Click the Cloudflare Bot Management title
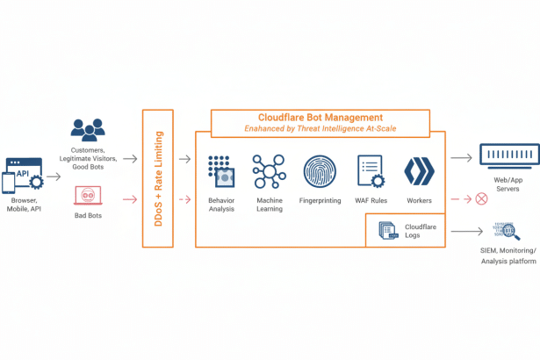click(x=320, y=117)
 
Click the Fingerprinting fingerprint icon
click(x=319, y=170)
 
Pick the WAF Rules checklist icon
click(x=370, y=170)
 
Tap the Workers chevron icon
click(x=419, y=170)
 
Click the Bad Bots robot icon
click(x=86, y=195)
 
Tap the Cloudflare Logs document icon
click(x=386, y=231)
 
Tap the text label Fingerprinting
click(x=319, y=200)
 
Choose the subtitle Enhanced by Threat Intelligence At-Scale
click(x=320, y=129)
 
